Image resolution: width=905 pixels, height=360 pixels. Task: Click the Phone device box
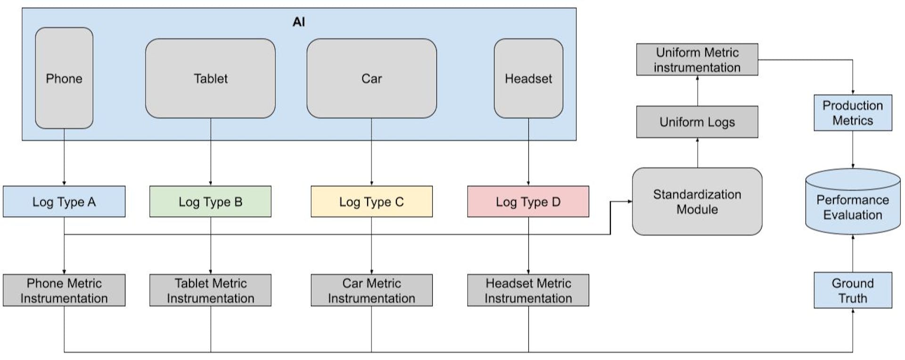point(64,78)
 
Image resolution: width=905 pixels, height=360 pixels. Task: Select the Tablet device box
point(210,78)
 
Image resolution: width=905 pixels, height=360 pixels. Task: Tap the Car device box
point(371,78)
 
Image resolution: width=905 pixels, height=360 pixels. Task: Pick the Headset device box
point(528,78)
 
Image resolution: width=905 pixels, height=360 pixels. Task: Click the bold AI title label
point(299,22)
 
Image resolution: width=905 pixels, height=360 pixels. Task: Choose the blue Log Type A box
point(64,202)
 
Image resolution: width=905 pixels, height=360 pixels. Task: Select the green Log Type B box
point(210,202)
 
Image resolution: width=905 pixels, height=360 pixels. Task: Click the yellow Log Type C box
point(371,202)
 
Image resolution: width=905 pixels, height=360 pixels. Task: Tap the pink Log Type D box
point(528,202)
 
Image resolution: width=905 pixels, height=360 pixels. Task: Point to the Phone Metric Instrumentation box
point(64,290)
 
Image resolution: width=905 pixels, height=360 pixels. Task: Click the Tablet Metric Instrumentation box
point(210,290)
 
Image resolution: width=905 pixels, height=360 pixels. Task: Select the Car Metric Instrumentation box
point(371,290)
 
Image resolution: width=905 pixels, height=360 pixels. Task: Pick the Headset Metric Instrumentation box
point(528,290)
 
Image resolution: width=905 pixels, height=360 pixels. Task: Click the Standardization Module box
point(697,202)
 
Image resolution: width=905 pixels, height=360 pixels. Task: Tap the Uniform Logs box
point(697,122)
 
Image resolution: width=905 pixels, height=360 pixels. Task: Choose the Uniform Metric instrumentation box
point(697,60)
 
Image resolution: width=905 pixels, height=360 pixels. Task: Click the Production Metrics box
point(852,113)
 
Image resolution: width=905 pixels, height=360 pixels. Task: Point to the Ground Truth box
point(852,290)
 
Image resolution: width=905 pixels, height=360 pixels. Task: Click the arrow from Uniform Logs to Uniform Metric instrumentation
point(698,91)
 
